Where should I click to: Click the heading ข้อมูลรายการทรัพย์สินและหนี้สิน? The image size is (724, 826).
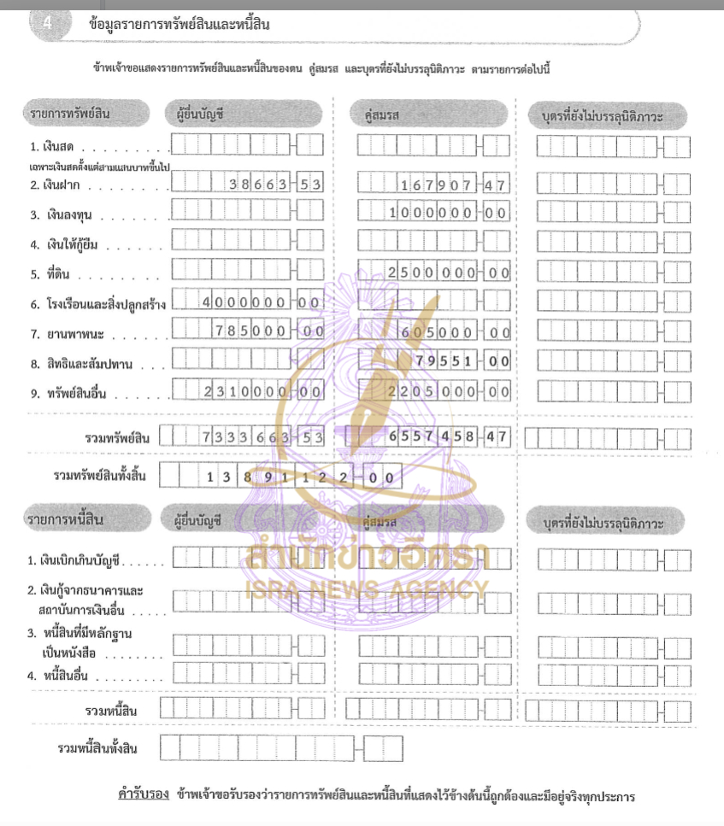click(x=180, y=25)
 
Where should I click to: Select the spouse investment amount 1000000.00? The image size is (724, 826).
click(x=449, y=214)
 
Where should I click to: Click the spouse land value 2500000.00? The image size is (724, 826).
click(x=449, y=272)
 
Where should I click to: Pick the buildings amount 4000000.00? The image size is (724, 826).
click(x=262, y=302)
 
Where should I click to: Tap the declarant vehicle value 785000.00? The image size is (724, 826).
click(x=268, y=331)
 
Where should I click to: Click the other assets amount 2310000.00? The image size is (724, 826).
click(x=262, y=391)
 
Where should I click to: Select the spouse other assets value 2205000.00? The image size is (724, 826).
click(x=449, y=391)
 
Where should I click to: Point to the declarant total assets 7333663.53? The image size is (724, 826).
click(x=262, y=437)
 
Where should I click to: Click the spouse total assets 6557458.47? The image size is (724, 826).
click(x=449, y=437)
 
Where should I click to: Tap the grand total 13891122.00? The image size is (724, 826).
click(x=299, y=477)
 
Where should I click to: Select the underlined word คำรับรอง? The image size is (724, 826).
click(x=143, y=794)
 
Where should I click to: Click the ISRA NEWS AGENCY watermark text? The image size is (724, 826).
click(x=368, y=589)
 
